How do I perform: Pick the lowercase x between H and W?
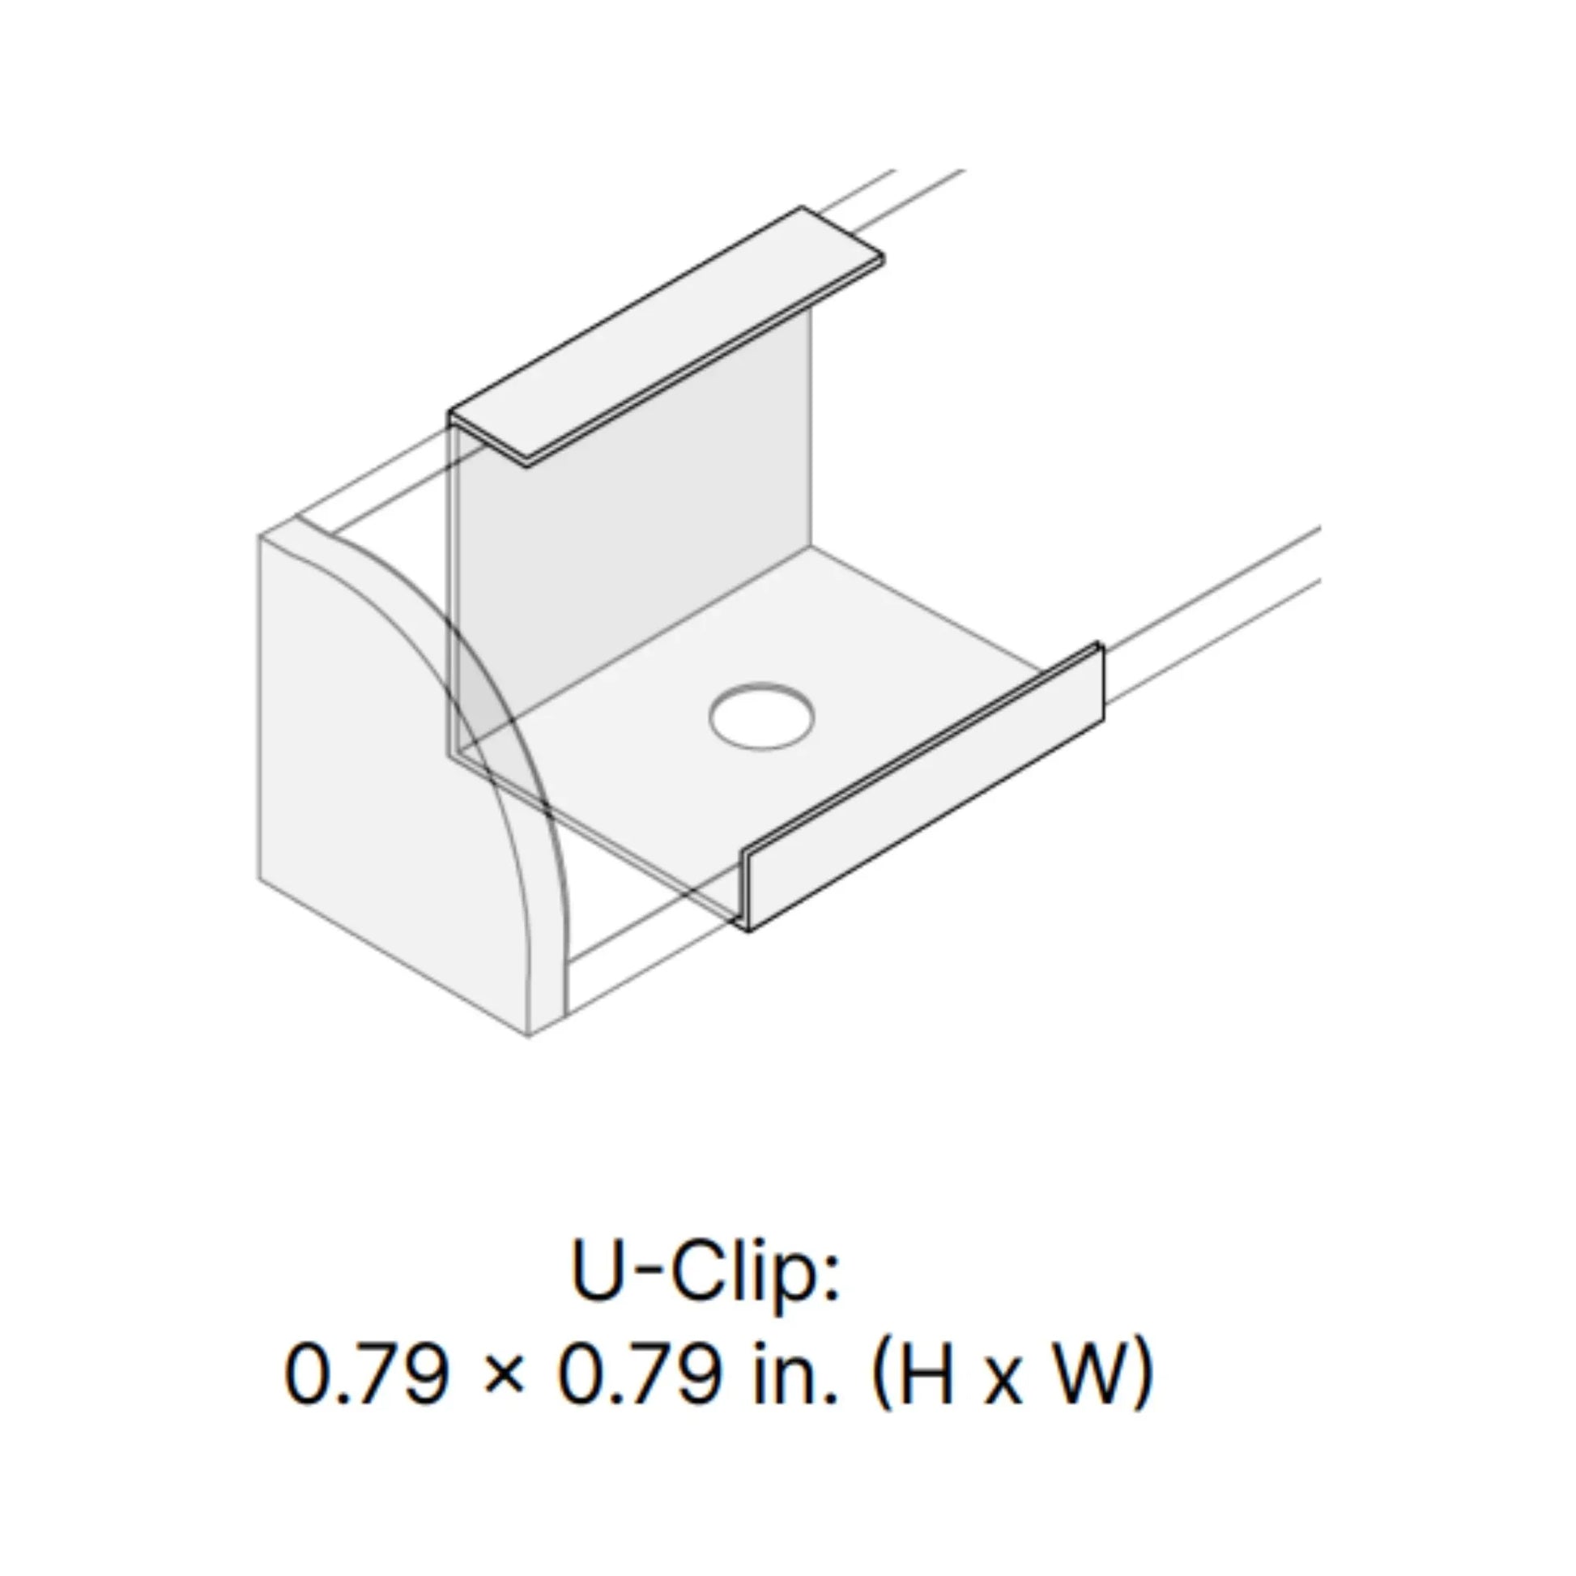click(x=1006, y=1382)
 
